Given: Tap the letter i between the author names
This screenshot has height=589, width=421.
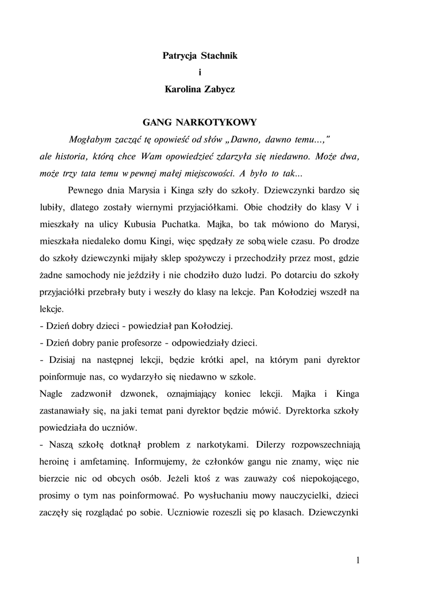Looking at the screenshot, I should (x=200, y=73).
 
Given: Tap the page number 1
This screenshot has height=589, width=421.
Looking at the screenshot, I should (x=358, y=560).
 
